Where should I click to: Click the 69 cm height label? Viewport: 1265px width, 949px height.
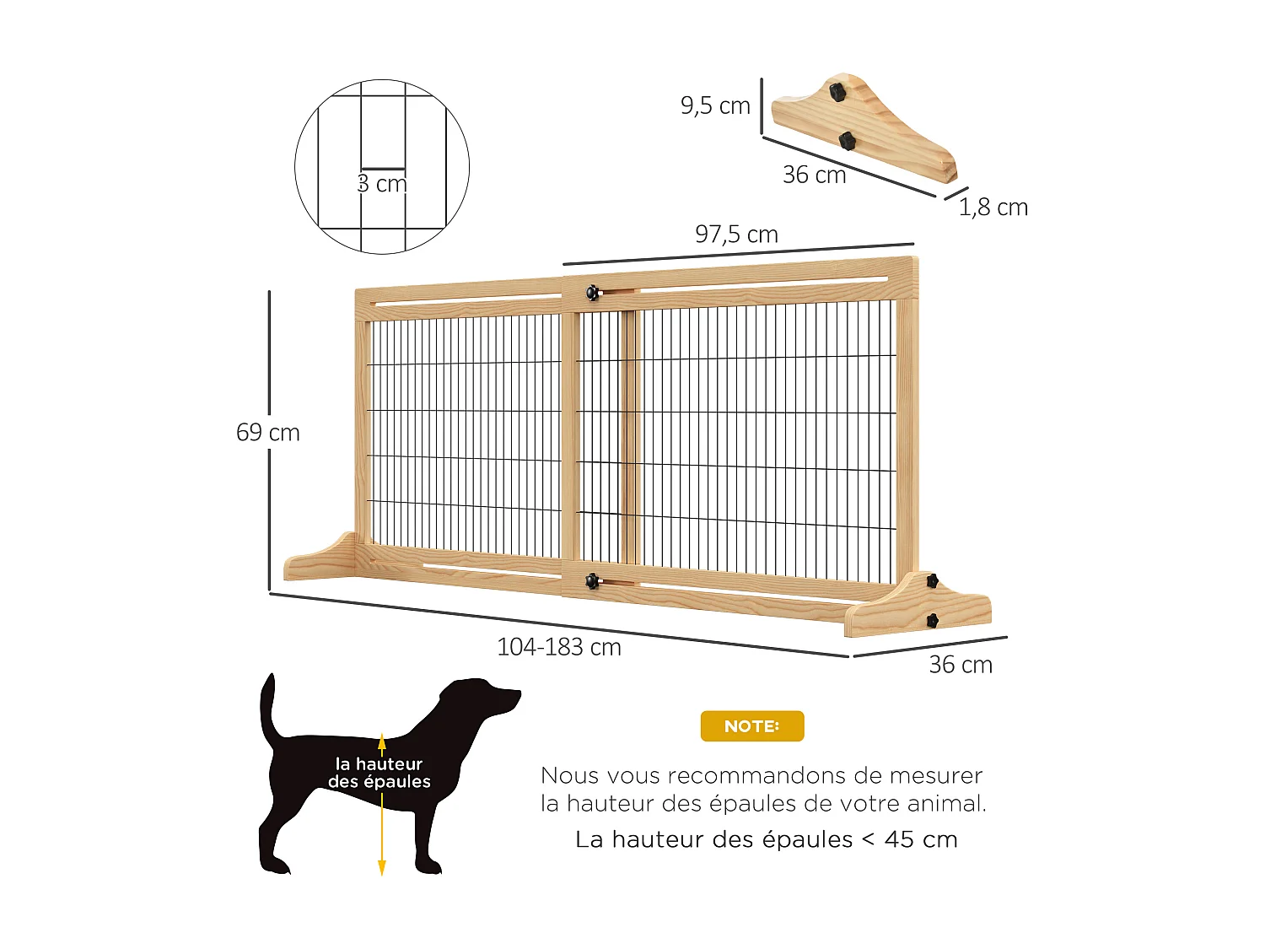click(268, 433)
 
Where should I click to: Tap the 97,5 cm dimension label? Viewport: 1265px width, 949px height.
click(736, 235)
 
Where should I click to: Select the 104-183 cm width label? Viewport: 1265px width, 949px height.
click(559, 647)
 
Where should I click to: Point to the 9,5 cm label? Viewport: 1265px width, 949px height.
click(715, 105)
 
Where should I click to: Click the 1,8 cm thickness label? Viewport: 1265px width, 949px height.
click(993, 208)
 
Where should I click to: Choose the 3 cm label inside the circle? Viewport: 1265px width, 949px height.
click(382, 183)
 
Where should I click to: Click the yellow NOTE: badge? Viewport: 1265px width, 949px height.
click(751, 726)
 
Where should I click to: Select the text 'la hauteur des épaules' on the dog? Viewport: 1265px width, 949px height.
click(379, 773)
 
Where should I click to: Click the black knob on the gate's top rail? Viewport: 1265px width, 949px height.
click(593, 293)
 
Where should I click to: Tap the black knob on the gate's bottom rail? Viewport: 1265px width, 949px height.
click(593, 580)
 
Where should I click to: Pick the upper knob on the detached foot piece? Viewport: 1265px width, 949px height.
click(837, 90)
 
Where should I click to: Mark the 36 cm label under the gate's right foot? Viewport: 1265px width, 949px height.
click(961, 665)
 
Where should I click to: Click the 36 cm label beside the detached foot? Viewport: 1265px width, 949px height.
click(814, 175)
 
